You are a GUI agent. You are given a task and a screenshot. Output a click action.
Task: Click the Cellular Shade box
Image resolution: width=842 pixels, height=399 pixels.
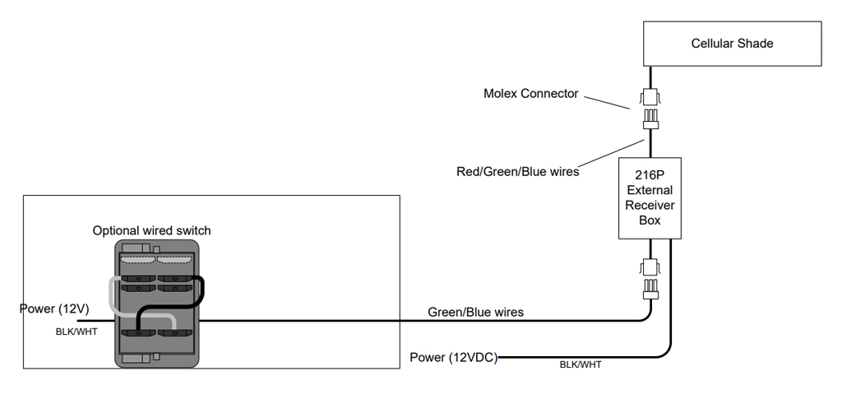(x=732, y=44)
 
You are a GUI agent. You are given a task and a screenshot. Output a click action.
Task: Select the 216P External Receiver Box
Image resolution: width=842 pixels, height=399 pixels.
(x=650, y=198)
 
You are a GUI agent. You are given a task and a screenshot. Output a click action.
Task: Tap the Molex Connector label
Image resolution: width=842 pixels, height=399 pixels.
(x=530, y=94)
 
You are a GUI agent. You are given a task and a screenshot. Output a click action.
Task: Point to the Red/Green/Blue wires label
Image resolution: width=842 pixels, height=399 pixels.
(x=518, y=172)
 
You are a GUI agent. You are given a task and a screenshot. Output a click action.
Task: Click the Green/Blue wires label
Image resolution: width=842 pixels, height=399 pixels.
(x=475, y=312)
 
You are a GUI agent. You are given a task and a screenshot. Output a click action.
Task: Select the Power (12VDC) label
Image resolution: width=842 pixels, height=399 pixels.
(x=454, y=358)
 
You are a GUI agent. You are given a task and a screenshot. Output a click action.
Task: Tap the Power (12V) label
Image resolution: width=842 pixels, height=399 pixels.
(x=54, y=309)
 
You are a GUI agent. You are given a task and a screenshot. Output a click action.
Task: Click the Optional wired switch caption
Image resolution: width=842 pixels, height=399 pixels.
(x=152, y=231)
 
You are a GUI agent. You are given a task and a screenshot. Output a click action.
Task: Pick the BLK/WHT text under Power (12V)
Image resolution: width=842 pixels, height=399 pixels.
(x=76, y=332)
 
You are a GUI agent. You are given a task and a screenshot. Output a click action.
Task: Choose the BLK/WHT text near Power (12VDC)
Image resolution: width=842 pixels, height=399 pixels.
(x=581, y=364)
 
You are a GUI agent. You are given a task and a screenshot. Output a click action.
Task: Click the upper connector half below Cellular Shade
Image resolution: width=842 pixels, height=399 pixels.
(x=650, y=97)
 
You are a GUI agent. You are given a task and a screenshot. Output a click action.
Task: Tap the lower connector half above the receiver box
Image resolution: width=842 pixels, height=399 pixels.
(x=650, y=119)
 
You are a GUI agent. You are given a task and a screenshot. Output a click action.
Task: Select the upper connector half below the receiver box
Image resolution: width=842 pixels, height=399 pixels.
(x=650, y=267)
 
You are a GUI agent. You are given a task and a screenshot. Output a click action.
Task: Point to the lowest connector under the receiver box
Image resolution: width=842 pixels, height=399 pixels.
(x=650, y=289)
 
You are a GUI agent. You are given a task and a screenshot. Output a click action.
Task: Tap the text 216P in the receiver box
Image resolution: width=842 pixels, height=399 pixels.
(x=650, y=174)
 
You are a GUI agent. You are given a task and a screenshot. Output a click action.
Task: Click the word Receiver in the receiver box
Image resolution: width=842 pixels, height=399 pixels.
(x=650, y=205)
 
